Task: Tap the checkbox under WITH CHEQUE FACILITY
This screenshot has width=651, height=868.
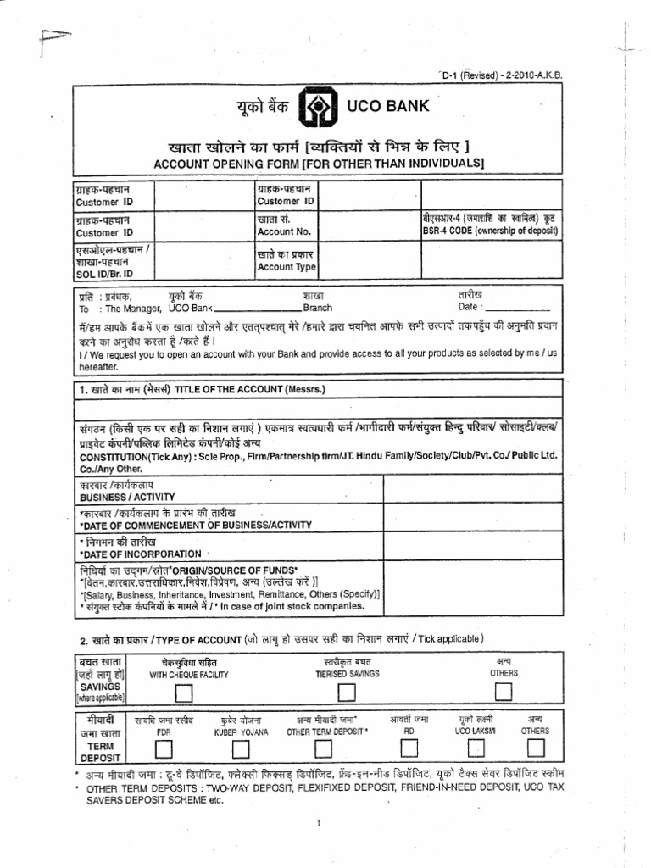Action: coord(183,693)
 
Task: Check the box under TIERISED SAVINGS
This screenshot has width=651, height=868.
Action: coord(345,693)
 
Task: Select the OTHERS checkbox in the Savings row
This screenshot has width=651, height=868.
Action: coord(504,692)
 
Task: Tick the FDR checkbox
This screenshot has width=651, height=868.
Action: coord(164,748)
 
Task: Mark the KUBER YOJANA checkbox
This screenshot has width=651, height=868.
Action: coord(241,748)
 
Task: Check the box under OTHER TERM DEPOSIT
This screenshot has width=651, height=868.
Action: coord(323,748)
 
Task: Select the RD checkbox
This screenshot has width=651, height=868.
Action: coord(409,746)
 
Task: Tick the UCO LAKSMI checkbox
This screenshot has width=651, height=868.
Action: coord(476,747)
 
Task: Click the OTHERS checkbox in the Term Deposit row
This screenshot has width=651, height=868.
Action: coord(536,746)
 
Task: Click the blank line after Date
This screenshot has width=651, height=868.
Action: coord(520,308)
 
